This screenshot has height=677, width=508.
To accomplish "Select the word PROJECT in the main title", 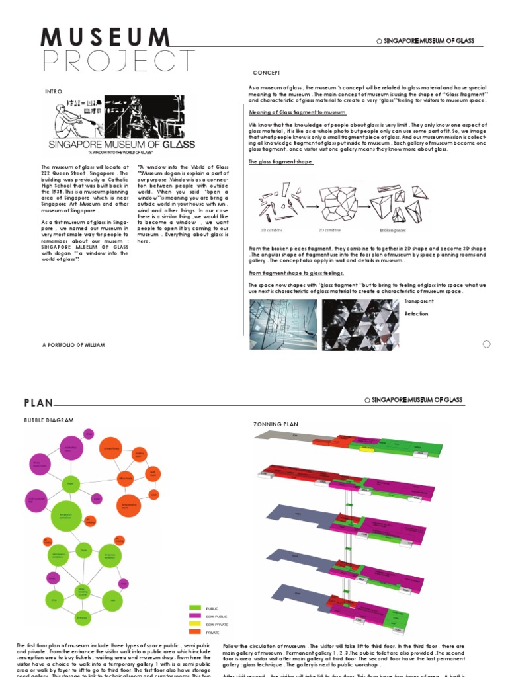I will coord(119,61).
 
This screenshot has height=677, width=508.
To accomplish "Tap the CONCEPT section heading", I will coord(267,73).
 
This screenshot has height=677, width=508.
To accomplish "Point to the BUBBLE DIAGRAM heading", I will coord(49,420).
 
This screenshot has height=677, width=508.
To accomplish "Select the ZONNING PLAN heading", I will coord(277,424).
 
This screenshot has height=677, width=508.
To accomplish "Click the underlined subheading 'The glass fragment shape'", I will coord(280,162).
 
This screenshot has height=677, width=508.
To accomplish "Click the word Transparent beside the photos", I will coord(419,301).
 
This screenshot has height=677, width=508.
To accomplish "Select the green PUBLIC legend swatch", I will coord(195,608).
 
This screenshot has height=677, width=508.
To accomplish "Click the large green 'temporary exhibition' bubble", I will coord(65,516).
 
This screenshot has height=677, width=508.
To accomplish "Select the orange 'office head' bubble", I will coord(125,477).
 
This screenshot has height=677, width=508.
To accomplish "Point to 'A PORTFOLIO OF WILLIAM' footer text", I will coord(73,345).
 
